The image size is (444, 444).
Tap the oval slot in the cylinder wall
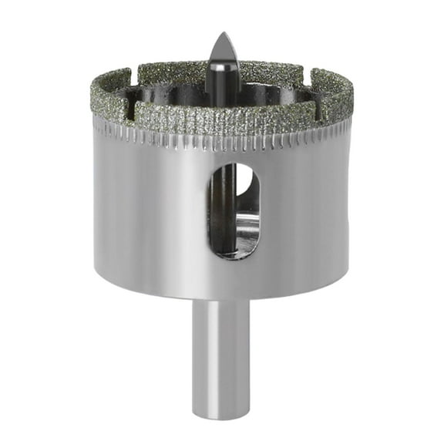tap(234, 210)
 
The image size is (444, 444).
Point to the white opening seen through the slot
tap(243, 181)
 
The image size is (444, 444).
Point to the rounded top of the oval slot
tap(234, 164)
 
